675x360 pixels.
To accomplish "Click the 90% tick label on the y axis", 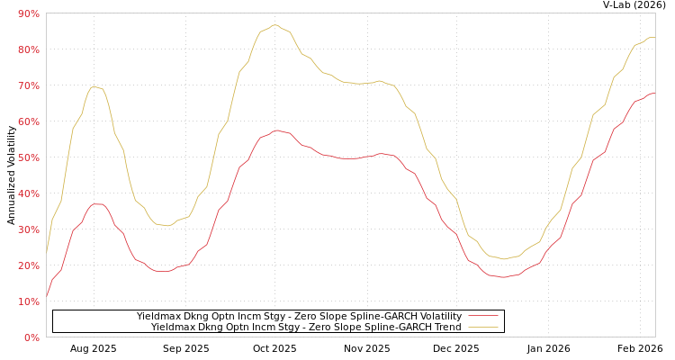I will point(28,13).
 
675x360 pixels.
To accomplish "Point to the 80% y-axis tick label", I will point(28,49).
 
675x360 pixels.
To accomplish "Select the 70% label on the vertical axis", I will point(28,85).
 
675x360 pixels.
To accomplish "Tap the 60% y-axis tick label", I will point(28,121).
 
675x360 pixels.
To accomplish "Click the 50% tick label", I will point(28,157).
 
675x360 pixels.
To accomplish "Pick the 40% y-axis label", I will point(28,193).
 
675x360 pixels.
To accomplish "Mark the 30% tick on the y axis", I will point(28,229).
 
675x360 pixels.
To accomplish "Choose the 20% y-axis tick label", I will point(28,265).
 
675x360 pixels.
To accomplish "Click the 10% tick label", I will point(28,301).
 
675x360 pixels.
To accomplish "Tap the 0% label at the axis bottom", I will point(31,337).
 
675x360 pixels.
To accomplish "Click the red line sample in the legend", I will point(483,316).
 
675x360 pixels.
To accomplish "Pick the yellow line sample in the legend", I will point(483,327).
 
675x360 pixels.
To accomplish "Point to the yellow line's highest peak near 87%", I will point(275,25).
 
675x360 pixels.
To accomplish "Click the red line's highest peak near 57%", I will point(277,130).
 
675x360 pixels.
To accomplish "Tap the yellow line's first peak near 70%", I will point(94,86).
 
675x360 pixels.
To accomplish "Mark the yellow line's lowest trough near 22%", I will point(504,259).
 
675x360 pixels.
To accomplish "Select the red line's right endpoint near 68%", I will point(654,93).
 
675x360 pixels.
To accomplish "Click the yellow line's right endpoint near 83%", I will point(654,38).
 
